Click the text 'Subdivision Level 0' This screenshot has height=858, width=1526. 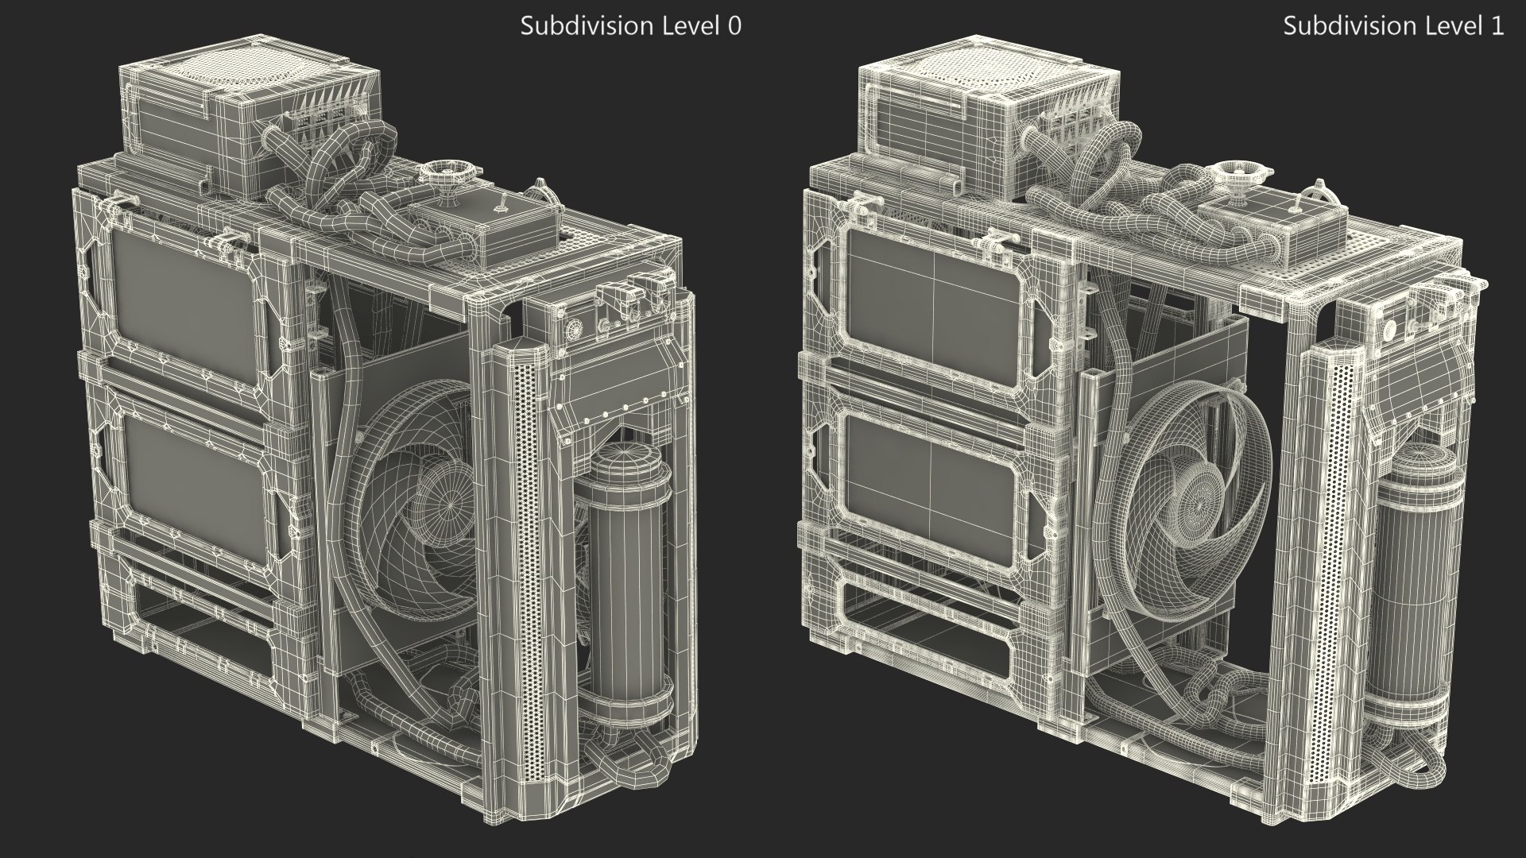pos(630,25)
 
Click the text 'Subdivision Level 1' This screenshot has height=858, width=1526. pos(1392,25)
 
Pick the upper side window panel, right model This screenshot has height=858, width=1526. pos(933,299)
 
